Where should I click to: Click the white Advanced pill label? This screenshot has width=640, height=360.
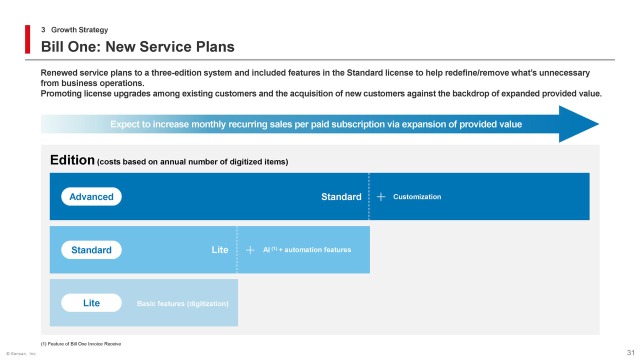point(91,196)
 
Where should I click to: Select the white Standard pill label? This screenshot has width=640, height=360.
point(91,249)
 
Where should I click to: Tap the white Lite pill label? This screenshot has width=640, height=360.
point(91,303)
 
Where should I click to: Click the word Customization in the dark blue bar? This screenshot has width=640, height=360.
point(417,197)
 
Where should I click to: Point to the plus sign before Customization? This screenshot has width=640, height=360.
point(381,197)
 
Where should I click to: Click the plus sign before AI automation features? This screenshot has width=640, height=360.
point(250,250)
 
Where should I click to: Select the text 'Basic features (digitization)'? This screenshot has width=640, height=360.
point(182,303)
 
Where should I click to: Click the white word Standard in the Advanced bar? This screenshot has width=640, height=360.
point(341,197)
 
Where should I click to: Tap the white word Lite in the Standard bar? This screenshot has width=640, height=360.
point(219,250)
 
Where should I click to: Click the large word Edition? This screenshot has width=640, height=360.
point(72,160)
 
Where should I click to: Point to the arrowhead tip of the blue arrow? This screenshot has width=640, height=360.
point(599,124)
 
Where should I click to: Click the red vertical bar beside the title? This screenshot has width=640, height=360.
point(27,39)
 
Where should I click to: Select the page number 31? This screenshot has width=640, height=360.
point(630,352)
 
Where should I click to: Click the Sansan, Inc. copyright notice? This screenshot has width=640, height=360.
point(21,353)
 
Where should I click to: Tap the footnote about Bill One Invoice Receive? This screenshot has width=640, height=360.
point(81,344)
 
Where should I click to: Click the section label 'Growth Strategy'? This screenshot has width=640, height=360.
point(79,29)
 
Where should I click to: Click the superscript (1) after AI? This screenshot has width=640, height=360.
point(274,248)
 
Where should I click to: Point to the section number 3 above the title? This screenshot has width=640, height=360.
point(43,29)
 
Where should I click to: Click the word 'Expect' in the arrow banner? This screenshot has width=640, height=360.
point(125,124)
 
